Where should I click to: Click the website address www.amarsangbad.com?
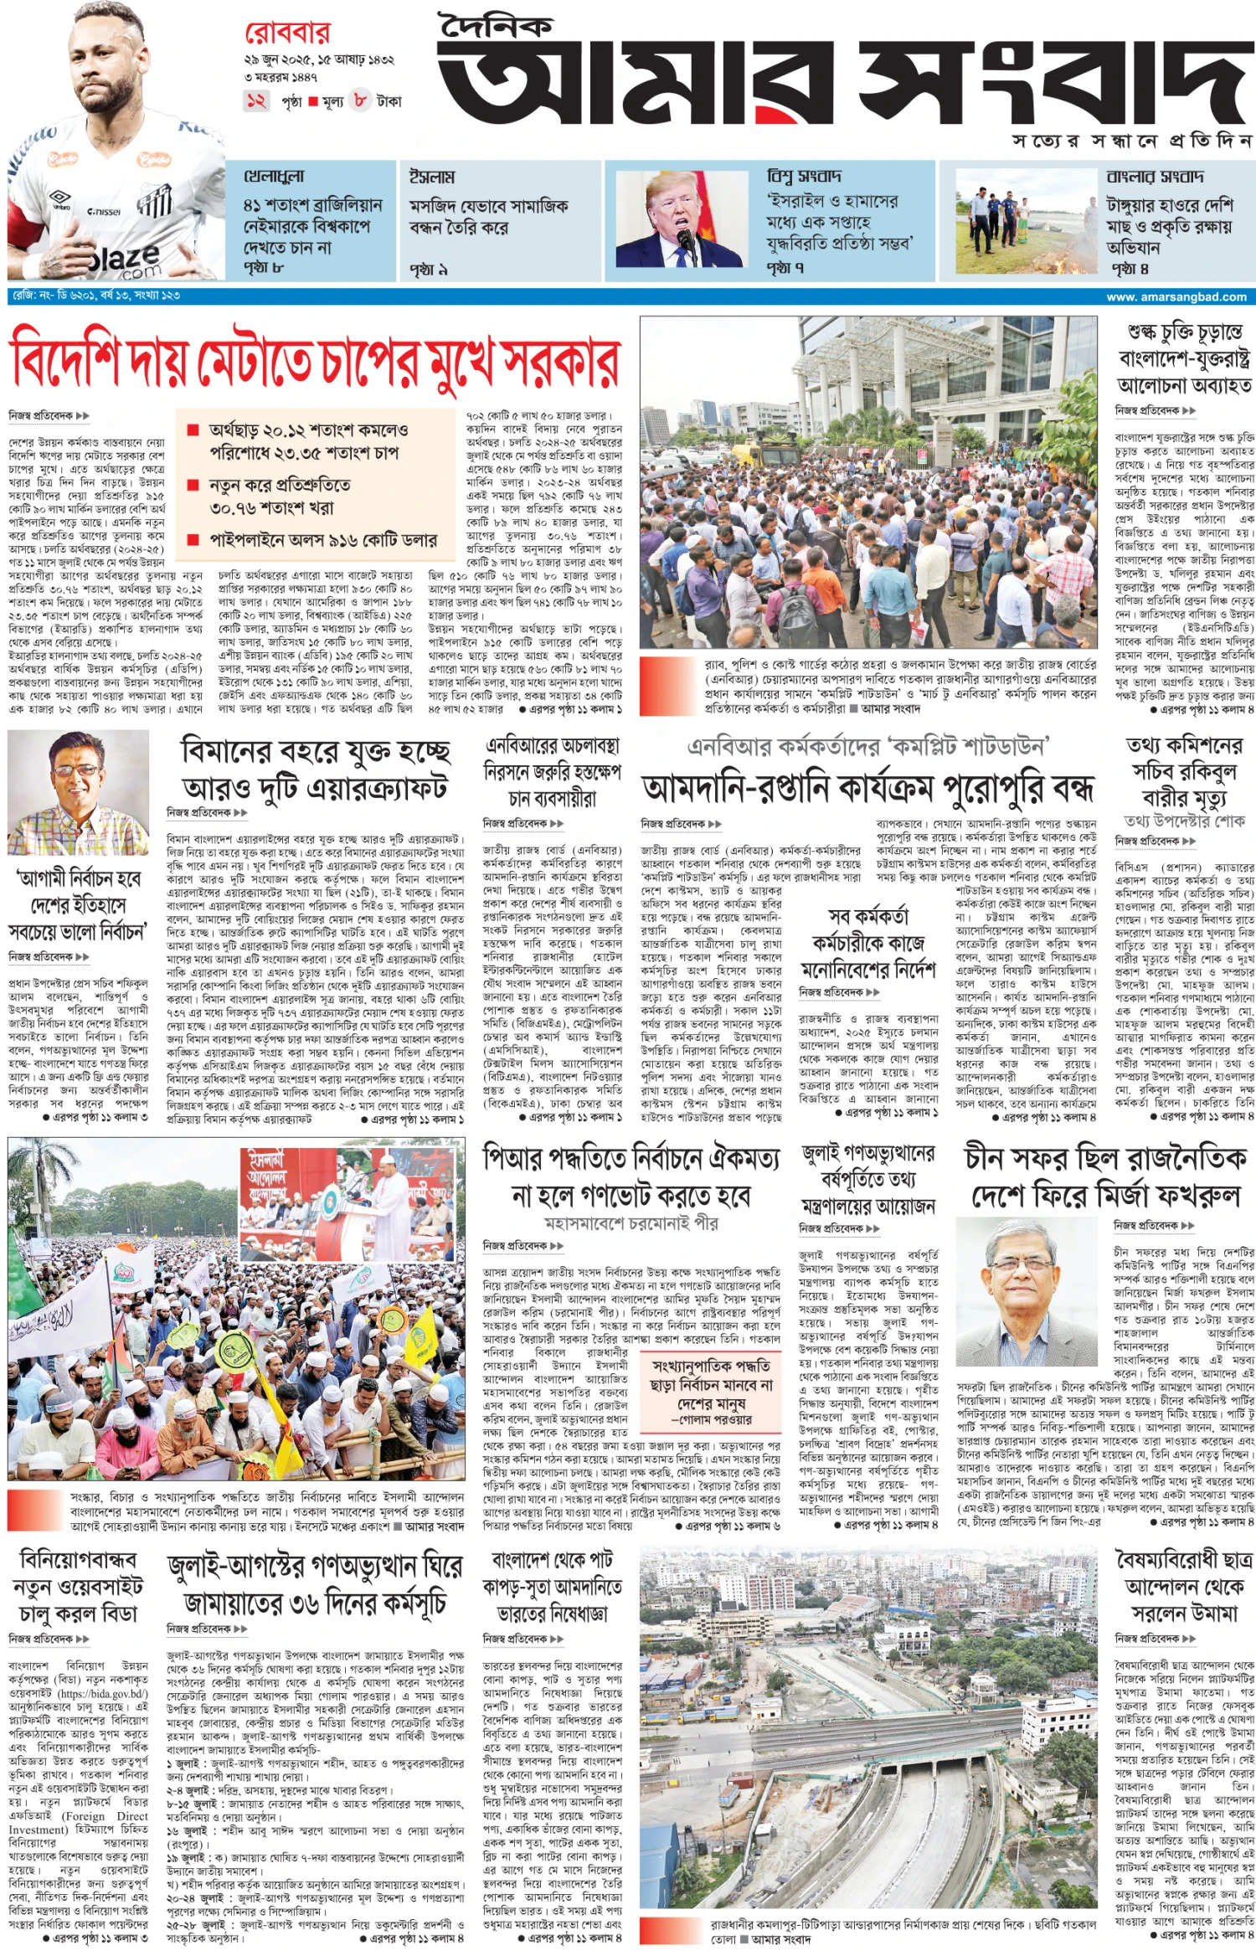(1176, 296)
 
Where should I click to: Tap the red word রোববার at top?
(287, 33)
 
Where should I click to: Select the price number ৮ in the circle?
(360, 100)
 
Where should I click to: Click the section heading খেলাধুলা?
(274, 178)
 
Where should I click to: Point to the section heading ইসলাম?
(432, 178)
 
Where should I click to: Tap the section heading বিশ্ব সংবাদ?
(804, 177)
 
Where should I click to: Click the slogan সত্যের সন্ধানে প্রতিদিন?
(1131, 141)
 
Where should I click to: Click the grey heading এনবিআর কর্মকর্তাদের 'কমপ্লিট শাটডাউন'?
(867, 746)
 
